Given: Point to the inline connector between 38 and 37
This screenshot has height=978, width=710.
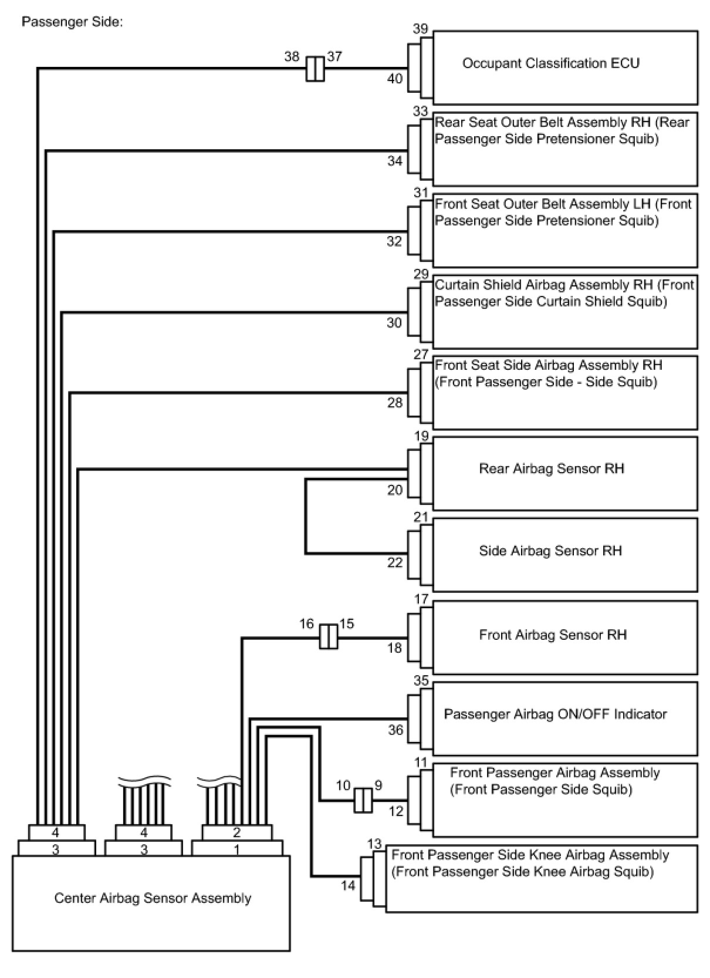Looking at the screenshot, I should pos(315,69).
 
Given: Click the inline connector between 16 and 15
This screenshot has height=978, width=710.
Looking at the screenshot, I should pos(329,637).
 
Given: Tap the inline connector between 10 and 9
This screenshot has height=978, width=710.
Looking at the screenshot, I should pos(363,800).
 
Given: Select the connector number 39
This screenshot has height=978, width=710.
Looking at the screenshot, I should pos(420,29).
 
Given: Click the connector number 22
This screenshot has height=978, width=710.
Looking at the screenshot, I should pos(395,562).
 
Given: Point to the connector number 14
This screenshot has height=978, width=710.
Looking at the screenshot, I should pos(348,885).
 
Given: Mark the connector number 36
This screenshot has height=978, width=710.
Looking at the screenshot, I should pos(395,730).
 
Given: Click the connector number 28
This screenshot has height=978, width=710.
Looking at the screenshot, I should pos(395,402).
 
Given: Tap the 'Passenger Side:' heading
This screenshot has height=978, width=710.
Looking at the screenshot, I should pos(72,22).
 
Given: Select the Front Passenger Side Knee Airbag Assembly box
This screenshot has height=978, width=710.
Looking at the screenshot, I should pos(541,878).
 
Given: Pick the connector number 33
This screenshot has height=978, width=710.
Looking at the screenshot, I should pos(420,111).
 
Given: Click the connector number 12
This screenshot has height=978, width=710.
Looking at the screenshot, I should pos(396,811).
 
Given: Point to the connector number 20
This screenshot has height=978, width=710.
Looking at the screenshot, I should pos(395,490).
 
